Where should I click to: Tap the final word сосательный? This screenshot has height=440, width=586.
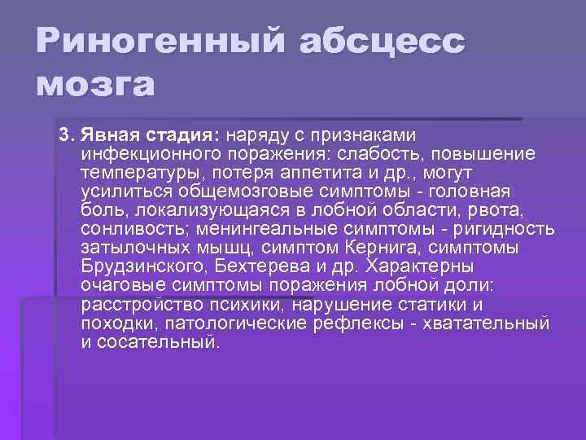pos(159,342)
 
